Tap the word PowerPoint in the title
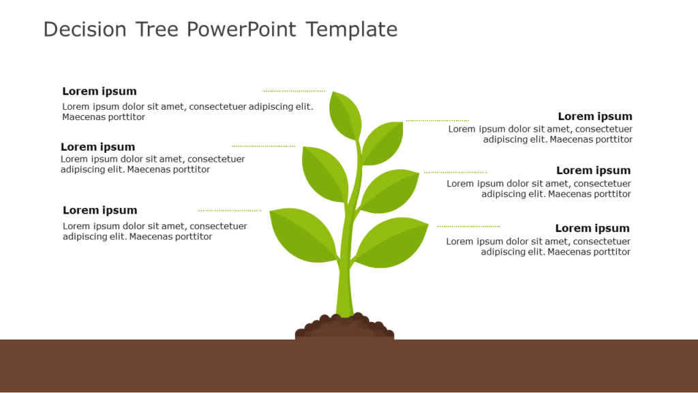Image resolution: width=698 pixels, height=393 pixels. click(x=241, y=29)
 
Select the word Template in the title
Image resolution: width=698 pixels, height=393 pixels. click(x=351, y=29)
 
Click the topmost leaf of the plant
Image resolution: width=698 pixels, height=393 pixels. click(x=345, y=115)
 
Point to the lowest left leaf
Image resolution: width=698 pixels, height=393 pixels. click(x=303, y=233)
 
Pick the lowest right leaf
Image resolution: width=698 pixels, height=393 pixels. click(x=390, y=242)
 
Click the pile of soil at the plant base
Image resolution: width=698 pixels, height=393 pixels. click(x=344, y=327)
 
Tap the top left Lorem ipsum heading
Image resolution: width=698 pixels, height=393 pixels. click(x=100, y=91)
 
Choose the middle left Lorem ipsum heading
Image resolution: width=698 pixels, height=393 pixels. click(x=97, y=147)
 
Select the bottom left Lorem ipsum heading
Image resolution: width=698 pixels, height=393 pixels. click(x=100, y=210)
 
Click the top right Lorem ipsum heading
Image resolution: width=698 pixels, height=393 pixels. click(x=595, y=117)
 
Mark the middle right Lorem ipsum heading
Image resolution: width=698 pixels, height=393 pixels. click(x=593, y=171)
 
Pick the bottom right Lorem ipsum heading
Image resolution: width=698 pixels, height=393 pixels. click(x=592, y=229)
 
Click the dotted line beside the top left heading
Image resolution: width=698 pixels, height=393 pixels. click(x=294, y=91)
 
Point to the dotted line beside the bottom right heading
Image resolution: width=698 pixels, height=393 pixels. click(x=468, y=226)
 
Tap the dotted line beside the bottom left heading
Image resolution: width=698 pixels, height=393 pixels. click(x=230, y=210)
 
